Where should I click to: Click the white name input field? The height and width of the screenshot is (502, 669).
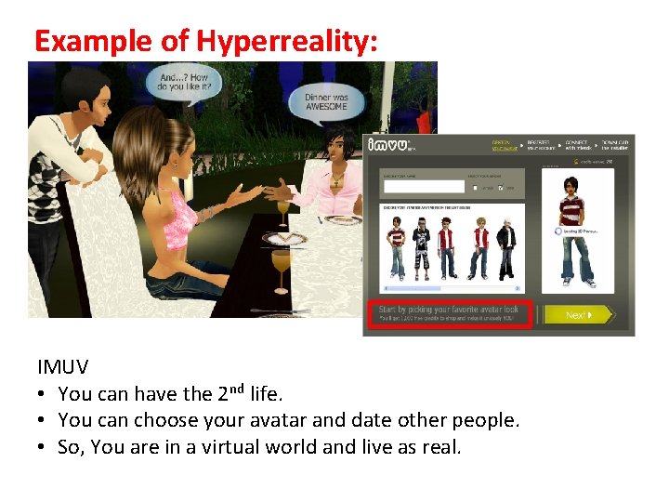tap(424, 186)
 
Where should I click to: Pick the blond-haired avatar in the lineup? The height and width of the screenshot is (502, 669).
tap(480, 246)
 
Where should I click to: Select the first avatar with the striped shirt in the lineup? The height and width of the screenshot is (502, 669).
tap(397, 247)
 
